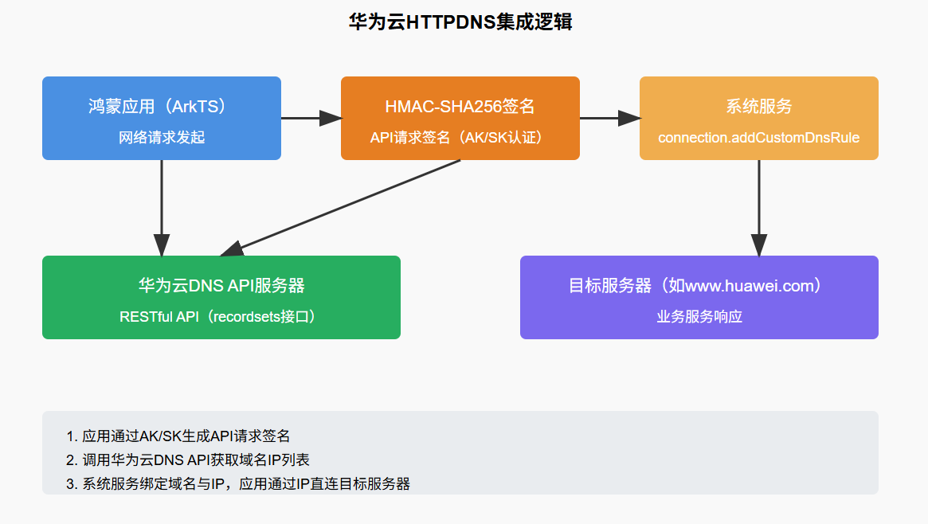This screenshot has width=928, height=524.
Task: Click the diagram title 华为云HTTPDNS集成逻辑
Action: (460, 22)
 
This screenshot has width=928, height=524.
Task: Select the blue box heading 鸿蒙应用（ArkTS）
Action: (162, 106)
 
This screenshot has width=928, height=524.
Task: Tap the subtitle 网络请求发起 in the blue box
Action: (162, 138)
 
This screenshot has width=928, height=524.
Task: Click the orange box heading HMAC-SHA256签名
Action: (460, 106)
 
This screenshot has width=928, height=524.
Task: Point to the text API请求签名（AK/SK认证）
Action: (460, 138)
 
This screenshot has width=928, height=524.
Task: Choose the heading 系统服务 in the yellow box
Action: (758, 106)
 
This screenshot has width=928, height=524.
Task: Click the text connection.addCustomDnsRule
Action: (758, 138)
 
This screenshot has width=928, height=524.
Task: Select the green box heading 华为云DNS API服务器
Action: (221, 285)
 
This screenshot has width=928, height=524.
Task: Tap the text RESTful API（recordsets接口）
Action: (221, 317)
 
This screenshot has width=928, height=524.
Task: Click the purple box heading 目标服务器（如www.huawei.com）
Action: (699, 285)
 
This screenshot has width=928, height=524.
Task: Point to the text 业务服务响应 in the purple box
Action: (699, 317)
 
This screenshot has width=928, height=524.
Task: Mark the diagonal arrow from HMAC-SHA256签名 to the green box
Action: (343, 207)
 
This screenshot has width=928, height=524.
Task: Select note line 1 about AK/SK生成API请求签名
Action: (178, 436)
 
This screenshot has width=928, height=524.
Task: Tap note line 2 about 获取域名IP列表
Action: (188, 459)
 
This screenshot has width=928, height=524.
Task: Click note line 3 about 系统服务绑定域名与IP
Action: (238, 483)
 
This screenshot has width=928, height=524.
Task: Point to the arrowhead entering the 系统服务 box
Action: (630, 118)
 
